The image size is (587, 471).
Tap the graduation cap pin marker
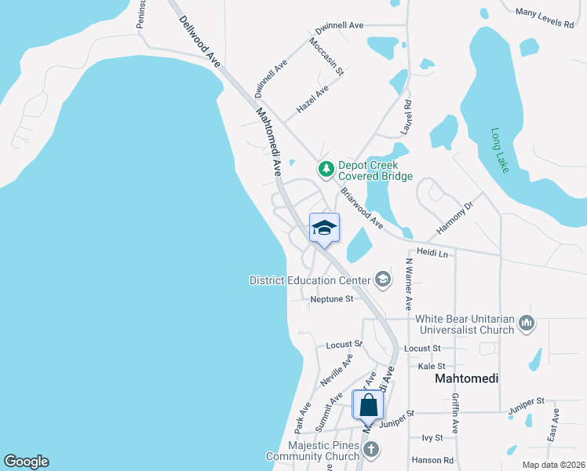tap(324, 228)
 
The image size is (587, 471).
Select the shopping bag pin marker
tap(368, 406)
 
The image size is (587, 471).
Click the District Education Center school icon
tap(383, 279)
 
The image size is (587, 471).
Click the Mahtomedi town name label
tap(466, 378)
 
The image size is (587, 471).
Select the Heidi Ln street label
tap(432, 254)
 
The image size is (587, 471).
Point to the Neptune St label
tap(332, 299)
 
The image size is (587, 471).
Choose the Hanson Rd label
tap(438, 460)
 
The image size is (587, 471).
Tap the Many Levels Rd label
tap(545, 17)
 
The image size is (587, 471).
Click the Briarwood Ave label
tap(362, 208)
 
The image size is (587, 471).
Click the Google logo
tap(26, 462)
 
